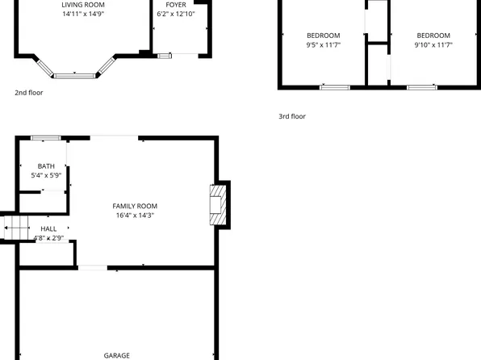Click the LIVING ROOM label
(x=83, y=5)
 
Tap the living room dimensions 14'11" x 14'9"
(x=83, y=14)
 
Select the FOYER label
(x=176, y=5)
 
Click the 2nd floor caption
(x=29, y=93)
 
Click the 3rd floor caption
(x=292, y=116)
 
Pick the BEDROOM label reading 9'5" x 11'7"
(x=324, y=36)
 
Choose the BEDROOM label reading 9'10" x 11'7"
(x=433, y=36)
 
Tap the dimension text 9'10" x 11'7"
(x=433, y=45)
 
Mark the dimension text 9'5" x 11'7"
(x=324, y=45)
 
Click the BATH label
(x=46, y=166)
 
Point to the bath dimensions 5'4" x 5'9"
(x=46, y=175)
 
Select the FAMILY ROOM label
(x=135, y=206)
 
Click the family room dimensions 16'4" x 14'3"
(x=135, y=216)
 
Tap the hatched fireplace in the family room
(x=216, y=203)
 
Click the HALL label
(x=48, y=229)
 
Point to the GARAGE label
(x=117, y=355)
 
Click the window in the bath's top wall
(x=45, y=138)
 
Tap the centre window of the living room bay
(x=74, y=75)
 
